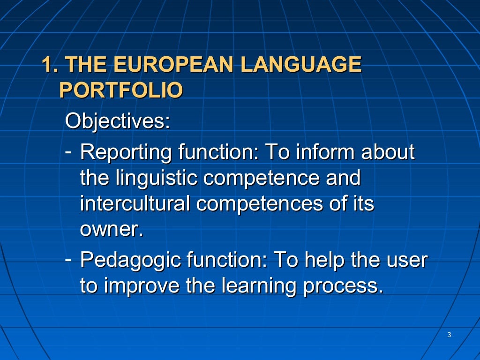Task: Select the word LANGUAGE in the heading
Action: (x=300, y=65)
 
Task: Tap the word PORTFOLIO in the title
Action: (x=121, y=90)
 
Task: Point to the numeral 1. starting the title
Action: (x=51, y=65)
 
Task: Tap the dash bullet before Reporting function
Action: (x=68, y=151)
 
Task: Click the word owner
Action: (x=111, y=231)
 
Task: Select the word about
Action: (x=385, y=152)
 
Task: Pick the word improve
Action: (x=141, y=286)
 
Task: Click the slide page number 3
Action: (x=449, y=335)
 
